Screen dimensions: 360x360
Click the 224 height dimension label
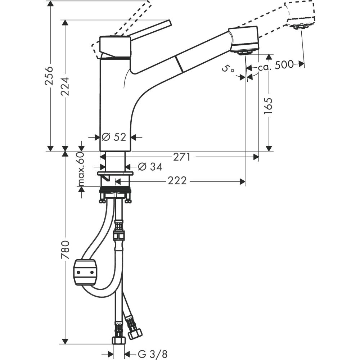(65, 86)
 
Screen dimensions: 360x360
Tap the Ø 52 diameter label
(113, 137)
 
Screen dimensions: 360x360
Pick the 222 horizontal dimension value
(177, 181)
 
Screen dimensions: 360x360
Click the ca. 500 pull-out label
(275, 65)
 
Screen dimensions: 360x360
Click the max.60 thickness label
(81, 169)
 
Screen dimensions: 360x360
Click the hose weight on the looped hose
(85, 272)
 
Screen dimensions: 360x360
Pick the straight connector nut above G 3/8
(118, 341)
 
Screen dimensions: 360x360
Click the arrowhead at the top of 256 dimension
(50, 4)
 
